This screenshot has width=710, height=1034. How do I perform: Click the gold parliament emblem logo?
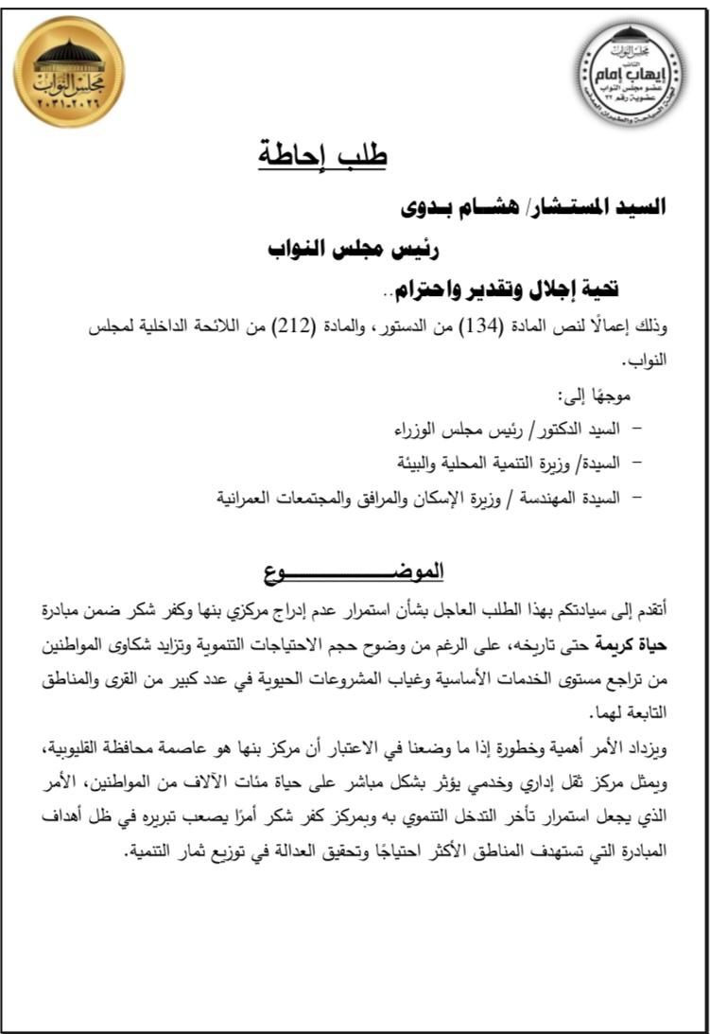tap(68, 72)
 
